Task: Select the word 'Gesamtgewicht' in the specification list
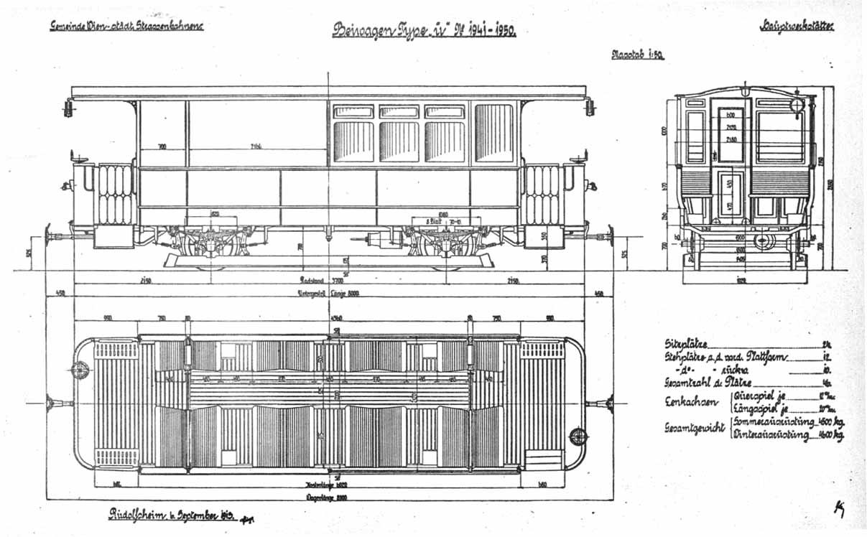[694, 428]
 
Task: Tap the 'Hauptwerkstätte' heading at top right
[799, 27]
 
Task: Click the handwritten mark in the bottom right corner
[838, 508]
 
